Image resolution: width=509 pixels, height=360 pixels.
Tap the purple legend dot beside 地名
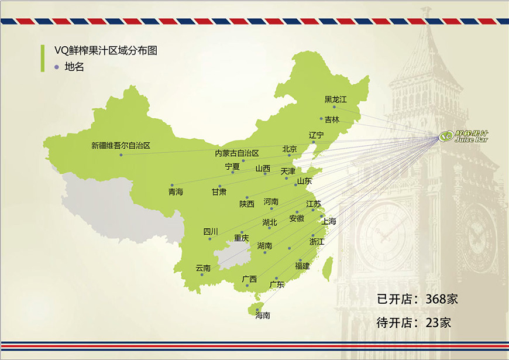point(56,67)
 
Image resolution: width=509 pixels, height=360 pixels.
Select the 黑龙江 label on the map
point(336,99)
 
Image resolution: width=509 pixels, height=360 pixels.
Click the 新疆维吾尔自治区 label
point(121,146)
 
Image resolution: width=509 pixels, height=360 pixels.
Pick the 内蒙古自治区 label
point(236,153)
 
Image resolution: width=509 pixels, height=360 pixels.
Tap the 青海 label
point(176,191)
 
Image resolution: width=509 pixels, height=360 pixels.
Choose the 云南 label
point(203,268)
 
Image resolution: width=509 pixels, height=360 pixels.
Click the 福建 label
point(302,266)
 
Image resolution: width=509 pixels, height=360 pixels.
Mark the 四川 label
point(211,231)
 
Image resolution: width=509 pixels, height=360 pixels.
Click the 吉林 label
point(332,119)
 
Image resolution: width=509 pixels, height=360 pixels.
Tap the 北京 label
point(290,149)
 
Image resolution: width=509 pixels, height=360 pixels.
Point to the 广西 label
point(249,279)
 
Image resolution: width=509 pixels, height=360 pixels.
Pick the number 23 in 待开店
point(432,322)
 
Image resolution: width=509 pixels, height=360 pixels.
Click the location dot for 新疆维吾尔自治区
point(121,155)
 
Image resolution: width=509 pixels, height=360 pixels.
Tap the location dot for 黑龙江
point(334,107)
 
